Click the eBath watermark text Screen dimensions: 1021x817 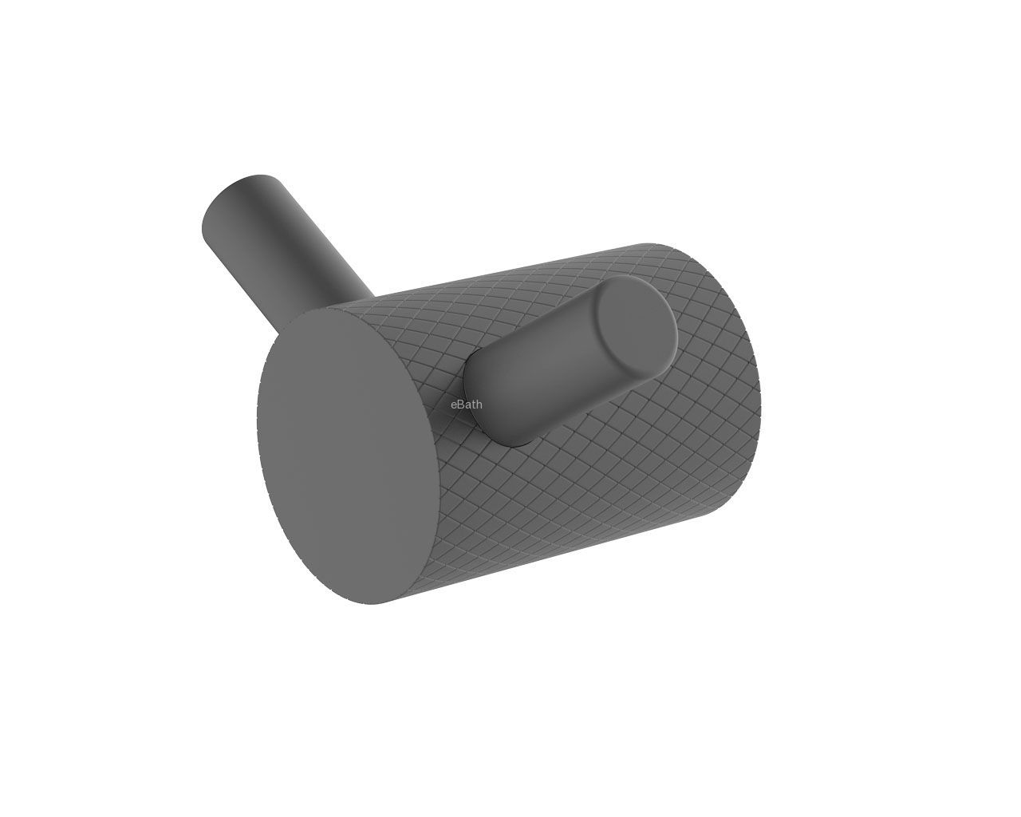click(467, 405)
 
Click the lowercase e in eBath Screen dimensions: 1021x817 click(454, 405)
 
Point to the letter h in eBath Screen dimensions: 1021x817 click(479, 405)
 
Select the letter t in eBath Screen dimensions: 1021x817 click(474, 405)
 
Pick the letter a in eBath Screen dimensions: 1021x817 click(467, 405)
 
